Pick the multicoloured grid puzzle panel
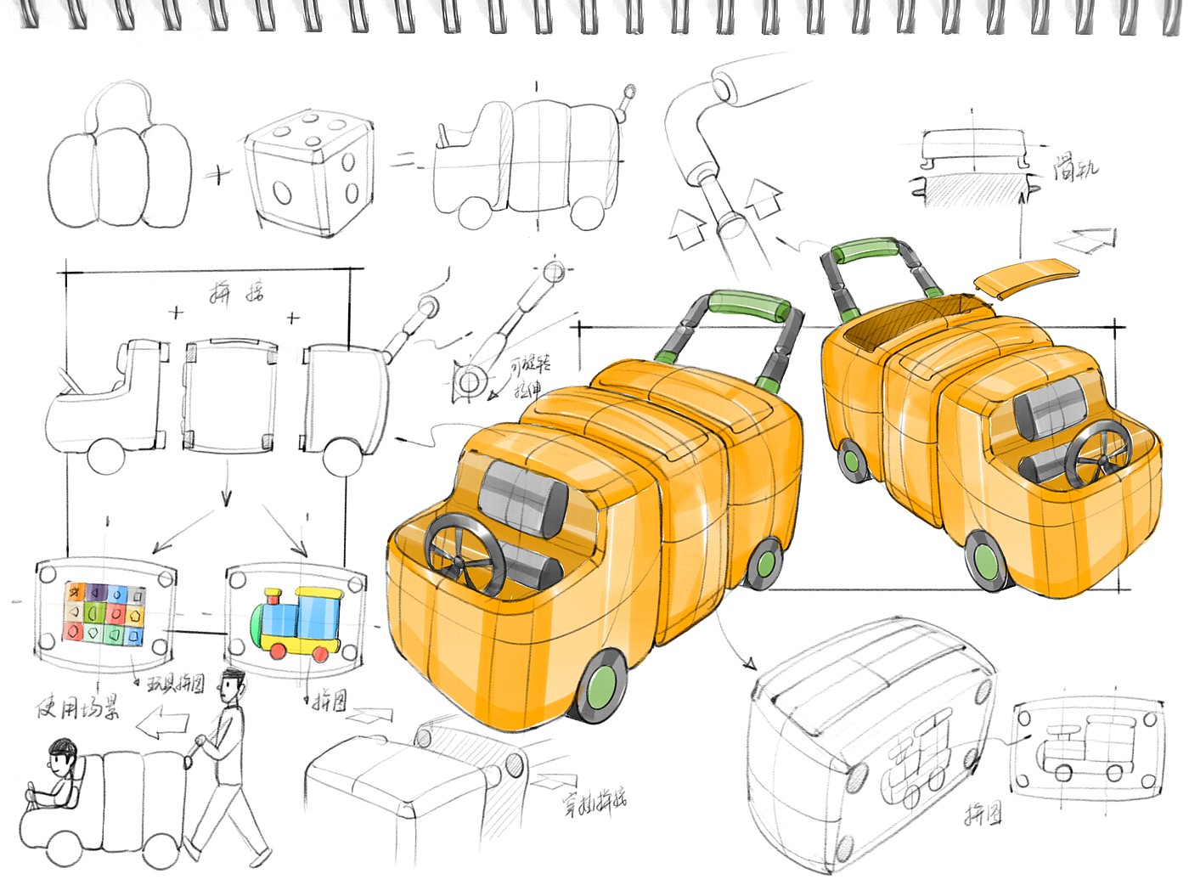pyautogui.click(x=106, y=612)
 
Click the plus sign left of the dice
pyautogui.click(x=219, y=176)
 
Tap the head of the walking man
pyautogui.click(x=231, y=685)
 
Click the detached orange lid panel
pyautogui.click(x=1025, y=276)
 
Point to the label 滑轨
pyautogui.click(x=1075, y=167)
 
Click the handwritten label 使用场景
pyautogui.click(x=77, y=707)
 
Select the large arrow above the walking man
pyautogui.click(x=164, y=724)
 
